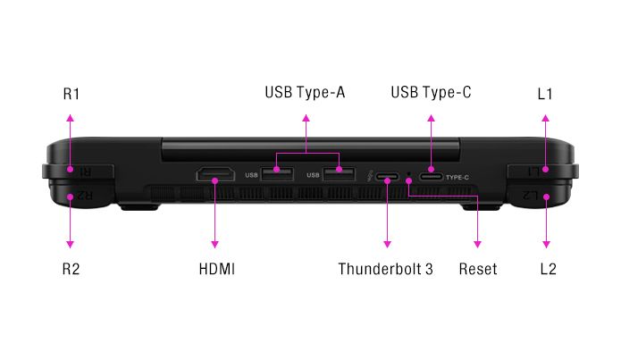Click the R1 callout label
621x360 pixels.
(71, 94)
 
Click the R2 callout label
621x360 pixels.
(71, 268)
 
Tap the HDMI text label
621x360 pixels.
(216, 268)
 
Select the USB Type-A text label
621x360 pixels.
(305, 93)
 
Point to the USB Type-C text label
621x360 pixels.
(432, 93)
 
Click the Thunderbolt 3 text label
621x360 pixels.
(386, 268)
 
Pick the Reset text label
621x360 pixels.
(478, 268)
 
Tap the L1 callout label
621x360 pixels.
(546, 94)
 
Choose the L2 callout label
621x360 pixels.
(547, 268)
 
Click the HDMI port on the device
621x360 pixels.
(215, 175)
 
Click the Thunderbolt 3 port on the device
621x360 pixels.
(388, 177)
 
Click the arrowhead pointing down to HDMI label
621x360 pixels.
(215, 244)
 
